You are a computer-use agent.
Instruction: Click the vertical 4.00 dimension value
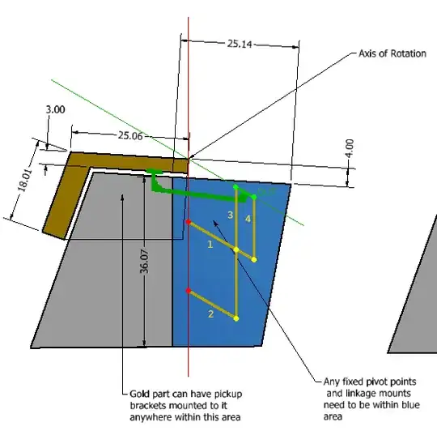pos(349,148)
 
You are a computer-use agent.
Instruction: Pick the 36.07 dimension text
pos(144,262)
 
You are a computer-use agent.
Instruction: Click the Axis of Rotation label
pos(392,54)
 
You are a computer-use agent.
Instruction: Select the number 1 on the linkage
pos(210,243)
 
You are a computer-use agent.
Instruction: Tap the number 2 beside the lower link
pos(211,313)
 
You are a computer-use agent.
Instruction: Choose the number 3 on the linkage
pos(230,215)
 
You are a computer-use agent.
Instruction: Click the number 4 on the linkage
pos(248,220)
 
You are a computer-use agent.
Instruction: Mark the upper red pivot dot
pos(189,221)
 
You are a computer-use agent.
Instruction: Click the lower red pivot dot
pos(189,291)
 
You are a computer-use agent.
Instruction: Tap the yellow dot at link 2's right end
pos(236,318)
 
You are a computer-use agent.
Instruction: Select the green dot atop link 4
pos(254,197)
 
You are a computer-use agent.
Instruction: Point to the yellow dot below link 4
pos(254,259)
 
